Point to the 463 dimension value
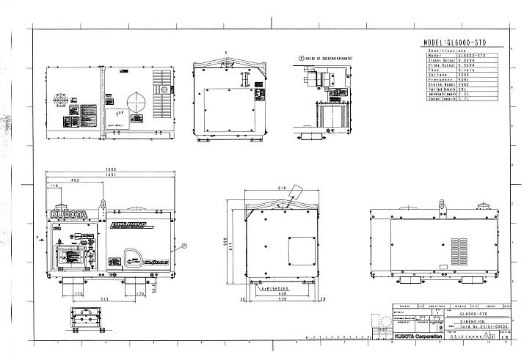click(75, 180)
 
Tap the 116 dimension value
click(54, 187)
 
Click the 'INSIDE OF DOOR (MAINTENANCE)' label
click(327, 56)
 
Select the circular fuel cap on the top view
click(137, 100)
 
